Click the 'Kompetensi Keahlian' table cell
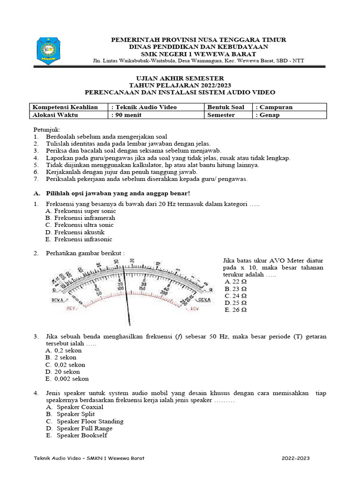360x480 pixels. tap(65, 107)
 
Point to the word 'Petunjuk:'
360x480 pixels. tap(47, 129)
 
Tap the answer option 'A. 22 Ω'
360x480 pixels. tap(235, 282)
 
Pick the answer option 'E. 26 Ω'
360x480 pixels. tap(235, 310)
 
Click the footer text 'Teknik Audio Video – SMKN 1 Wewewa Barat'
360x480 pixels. tap(90, 458)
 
